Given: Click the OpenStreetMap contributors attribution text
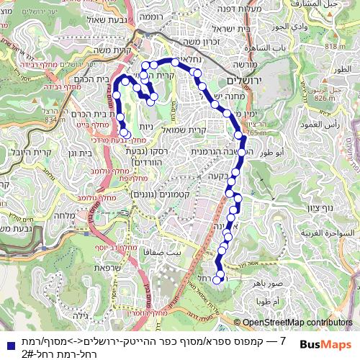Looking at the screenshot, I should (x=296, y=323).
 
